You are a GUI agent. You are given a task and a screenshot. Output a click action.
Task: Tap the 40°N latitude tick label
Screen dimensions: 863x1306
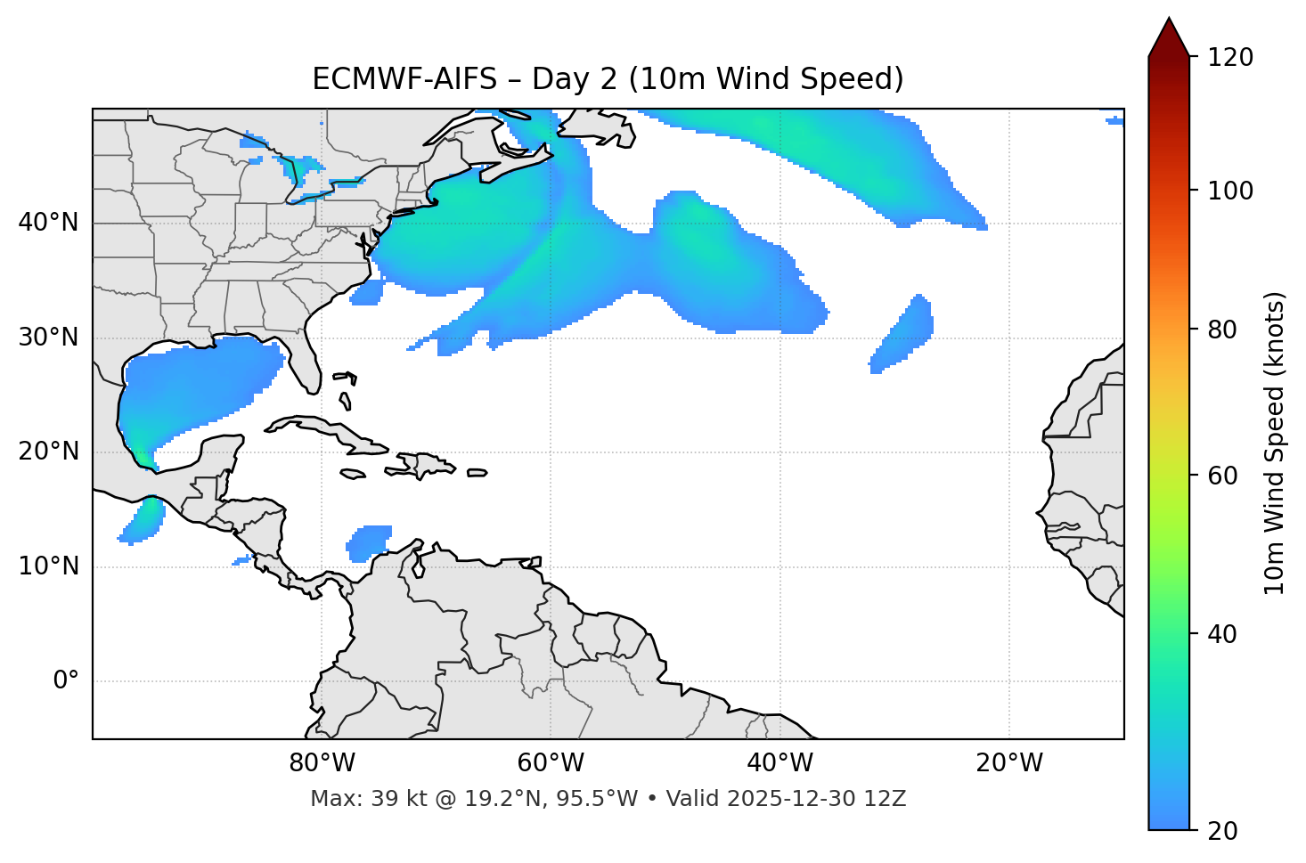(48, 223)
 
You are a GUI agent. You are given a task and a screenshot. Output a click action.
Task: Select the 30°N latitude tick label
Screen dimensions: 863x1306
(48, 338)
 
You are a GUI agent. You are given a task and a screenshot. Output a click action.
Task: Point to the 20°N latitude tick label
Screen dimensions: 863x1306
(48, 452)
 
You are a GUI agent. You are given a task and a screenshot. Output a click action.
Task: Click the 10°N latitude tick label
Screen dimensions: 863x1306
(48, 566)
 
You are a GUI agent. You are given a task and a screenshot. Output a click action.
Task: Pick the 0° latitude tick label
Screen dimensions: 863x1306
(66, 681)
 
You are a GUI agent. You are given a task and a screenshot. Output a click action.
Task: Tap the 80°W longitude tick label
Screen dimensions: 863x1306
(322, 763)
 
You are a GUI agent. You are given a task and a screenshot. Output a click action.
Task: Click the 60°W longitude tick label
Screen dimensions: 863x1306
(551, 763)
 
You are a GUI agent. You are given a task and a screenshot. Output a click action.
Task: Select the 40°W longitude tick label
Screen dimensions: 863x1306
(780, 763)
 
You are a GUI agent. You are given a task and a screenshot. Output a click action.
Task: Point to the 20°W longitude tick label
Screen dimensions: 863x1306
(1008, 763)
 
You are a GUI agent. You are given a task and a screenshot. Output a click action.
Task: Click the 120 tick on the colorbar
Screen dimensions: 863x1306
(1230, 57)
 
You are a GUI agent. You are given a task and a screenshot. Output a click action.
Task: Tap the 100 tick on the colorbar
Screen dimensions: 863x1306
(1230, 191)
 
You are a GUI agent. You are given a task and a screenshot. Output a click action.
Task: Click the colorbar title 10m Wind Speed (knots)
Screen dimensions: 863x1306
(1275, 443)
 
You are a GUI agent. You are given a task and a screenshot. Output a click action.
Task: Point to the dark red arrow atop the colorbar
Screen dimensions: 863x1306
(1169, 38)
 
